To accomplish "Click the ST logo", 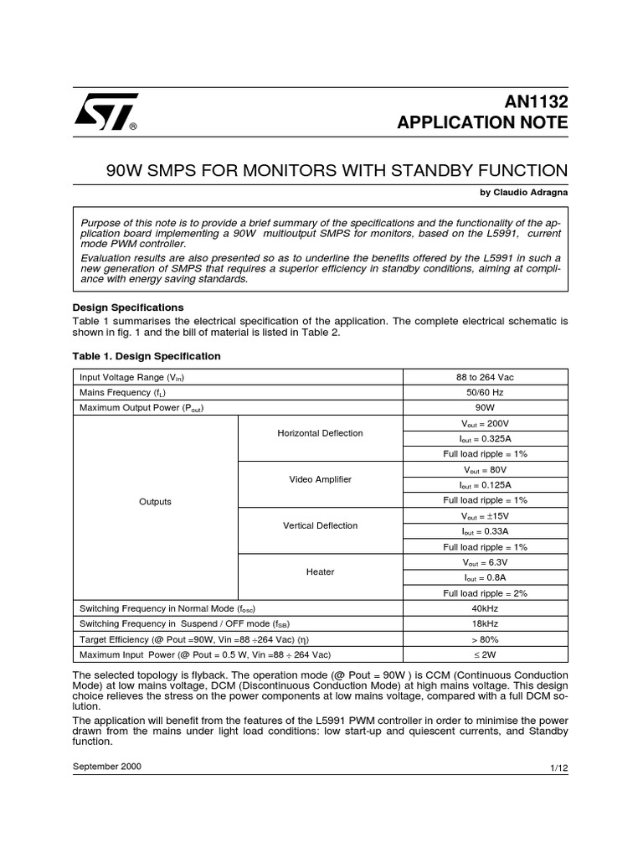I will (105, 112).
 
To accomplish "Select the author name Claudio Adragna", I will (524, 192).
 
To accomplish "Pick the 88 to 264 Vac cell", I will (486, 377).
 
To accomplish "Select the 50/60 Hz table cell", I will (486, 392).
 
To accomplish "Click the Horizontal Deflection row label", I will (321, 433).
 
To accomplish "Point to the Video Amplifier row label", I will (321, 479).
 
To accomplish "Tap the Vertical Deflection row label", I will (321, 525).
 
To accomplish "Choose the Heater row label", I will (321, 571).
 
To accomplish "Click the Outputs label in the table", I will (155, 502).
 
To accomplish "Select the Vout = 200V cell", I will (486, 423).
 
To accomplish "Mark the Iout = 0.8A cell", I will (486, 577).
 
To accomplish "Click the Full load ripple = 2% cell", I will (486, 592).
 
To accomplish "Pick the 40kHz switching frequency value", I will (486, 608).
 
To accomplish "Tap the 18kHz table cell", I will (486, 623).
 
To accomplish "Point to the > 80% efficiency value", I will (486, 638).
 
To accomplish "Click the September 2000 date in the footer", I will (107, 766).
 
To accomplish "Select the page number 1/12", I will (558, 768).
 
